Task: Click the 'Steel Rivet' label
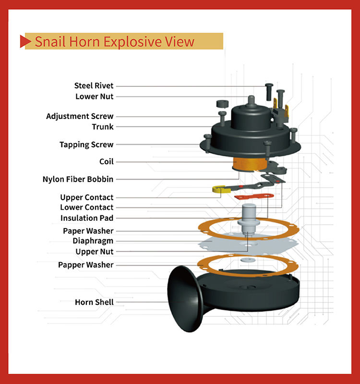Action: (94, 85)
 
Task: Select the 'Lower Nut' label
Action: (94, 96)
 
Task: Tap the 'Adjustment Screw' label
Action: (80, 116)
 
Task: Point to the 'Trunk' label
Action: (103, 127)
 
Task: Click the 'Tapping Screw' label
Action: (86, 144)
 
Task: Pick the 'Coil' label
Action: (106, 162)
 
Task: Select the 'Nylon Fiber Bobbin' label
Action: (78, 180)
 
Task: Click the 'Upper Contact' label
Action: (87, 197)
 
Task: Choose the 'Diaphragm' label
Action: (93, 240)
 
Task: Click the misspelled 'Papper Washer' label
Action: (86, 264)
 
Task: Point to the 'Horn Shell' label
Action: (94, 302)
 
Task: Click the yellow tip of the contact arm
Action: (220, 190)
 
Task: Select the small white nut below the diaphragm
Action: (248, 261)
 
